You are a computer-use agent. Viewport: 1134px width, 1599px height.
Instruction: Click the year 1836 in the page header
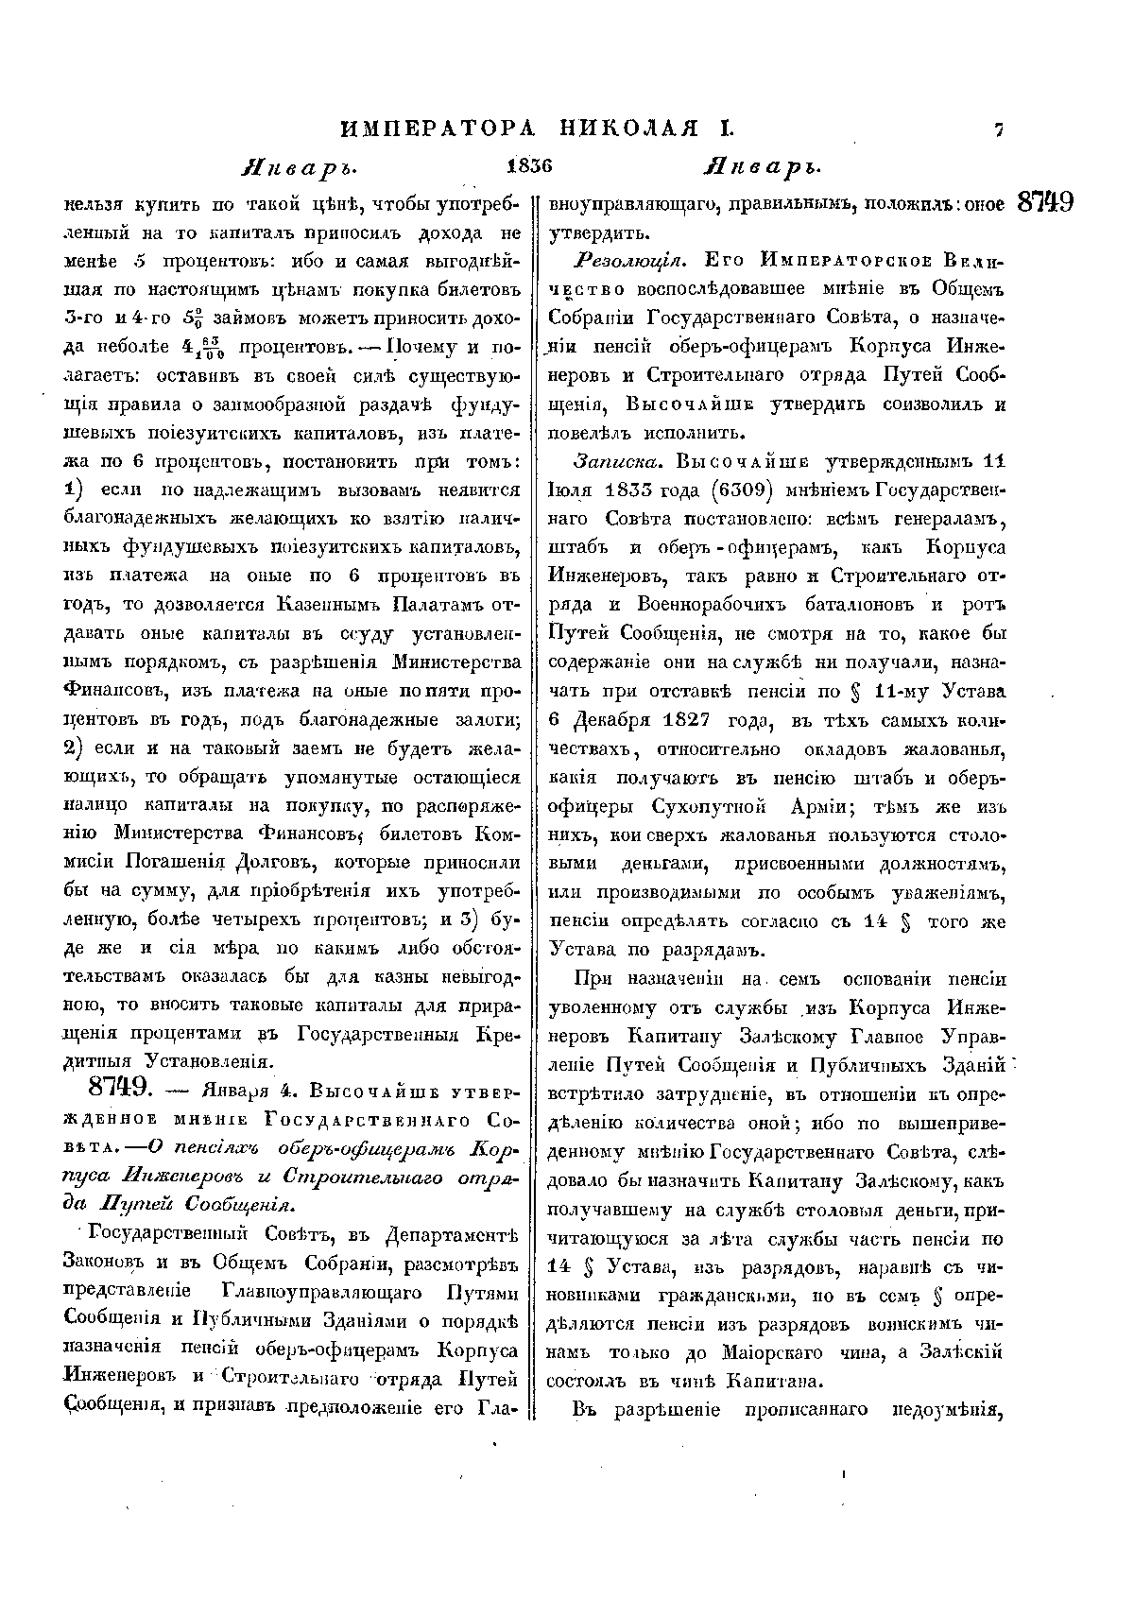click(527, 166)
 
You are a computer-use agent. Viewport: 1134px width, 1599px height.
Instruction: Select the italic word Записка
click(610, 462)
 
